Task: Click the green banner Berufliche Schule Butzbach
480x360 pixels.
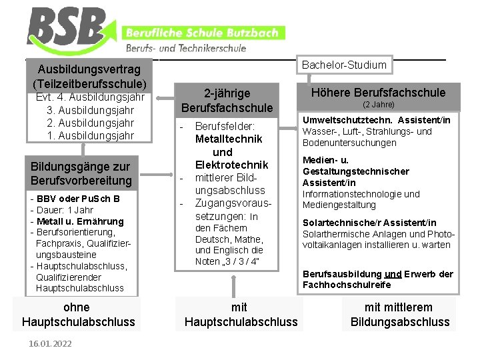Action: click(203, 33)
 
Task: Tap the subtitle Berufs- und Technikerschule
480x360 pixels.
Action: click(186, 48)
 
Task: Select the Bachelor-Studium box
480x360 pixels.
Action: click(344, 65)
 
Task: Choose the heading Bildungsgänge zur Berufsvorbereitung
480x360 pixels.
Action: click(81, 173)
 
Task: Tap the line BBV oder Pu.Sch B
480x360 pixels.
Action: click(75, 199)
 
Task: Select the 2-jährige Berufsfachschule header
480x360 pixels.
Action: click(227, 100)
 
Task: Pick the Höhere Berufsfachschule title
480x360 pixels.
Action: click(378, 93)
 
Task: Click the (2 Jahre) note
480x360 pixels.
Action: click(378, 105)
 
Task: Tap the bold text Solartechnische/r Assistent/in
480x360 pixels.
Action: click(369, 223)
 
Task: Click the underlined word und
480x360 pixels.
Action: click(393, 274)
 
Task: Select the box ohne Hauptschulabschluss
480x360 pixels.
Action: click(77, 315)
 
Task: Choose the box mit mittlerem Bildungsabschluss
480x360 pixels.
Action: click(399, 315)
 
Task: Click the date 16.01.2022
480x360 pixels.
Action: click(50, 343)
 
